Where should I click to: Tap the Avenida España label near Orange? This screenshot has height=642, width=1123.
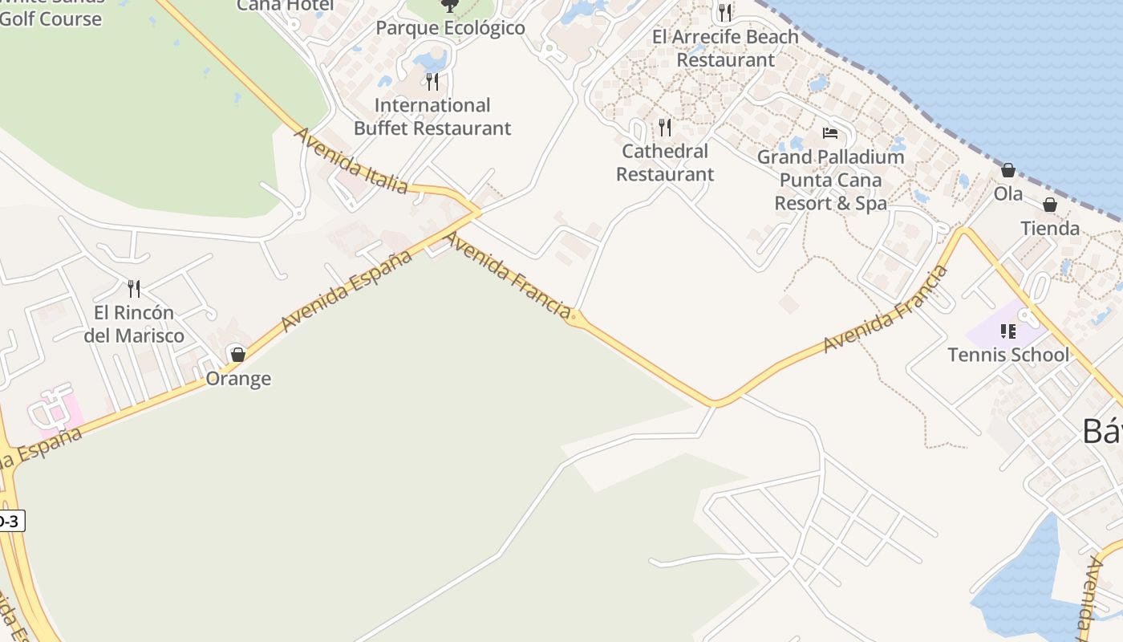pos(347,290)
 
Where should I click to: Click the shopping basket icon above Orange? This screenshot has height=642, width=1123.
pos(237,354)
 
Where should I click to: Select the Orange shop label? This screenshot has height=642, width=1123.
pos(238,379)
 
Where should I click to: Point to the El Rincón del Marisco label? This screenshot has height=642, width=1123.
pos(134,324)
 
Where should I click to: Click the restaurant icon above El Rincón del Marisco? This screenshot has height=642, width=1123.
pos(134,289)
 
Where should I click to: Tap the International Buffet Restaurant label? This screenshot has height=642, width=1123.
pos(432,116)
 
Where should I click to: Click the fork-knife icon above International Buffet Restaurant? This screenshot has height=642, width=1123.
pos(432,81)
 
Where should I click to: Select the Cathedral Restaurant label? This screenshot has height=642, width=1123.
pos(665,162)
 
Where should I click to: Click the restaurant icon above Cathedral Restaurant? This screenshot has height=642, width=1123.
pos(665,127)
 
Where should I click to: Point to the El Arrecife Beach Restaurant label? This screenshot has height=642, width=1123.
pos(725,48)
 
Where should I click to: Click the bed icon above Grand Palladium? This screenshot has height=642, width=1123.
pos(830,132)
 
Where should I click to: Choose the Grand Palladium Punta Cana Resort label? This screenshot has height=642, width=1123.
pos(831,180)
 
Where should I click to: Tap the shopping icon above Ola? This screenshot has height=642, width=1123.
pos(1008,170)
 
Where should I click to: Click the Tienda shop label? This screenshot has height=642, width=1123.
pos(1050,229)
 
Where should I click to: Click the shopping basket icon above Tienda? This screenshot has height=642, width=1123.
pos(1050,205)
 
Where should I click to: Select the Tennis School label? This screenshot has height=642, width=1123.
pos(1008,355)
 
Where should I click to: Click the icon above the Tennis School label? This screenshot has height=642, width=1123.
pos(1008,331)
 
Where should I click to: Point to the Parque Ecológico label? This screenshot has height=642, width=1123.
pos(450,28)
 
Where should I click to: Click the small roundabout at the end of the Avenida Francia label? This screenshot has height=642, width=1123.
pos(573,317)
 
